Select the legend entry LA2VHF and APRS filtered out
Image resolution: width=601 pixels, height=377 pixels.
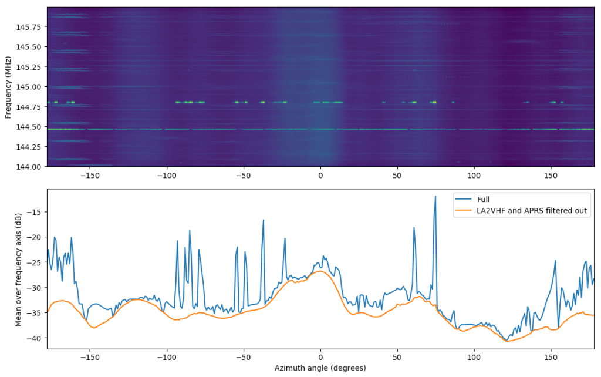pyautogui.click(x=532, y=211)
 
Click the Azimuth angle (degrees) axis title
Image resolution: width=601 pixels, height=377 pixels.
pyautogui.click(x=320, y=368)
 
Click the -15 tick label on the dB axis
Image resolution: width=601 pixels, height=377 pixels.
pyautogui.click(x=36, y=211)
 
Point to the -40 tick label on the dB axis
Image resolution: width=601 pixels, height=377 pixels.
pyautogui.click(x=36, y=338)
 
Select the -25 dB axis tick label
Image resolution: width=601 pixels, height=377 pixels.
pyautogui.click(x=36, y=262)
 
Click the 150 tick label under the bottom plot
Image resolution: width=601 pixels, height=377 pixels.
pyautogui.click(x=551, y=356)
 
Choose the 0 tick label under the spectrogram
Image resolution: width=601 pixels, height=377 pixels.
pyautogui.click(x=320, y=174)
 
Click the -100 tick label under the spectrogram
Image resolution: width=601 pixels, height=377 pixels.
pyautogui.click(x=166, y=174)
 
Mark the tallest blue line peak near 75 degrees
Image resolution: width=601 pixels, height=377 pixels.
pyautogui.click(x=435, y=197)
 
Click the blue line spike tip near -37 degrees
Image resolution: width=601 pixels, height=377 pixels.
pyautogui.click(x=263, y=220)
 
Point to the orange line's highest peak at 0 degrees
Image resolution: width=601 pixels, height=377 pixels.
pyautogui.click(x=320, y=271)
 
